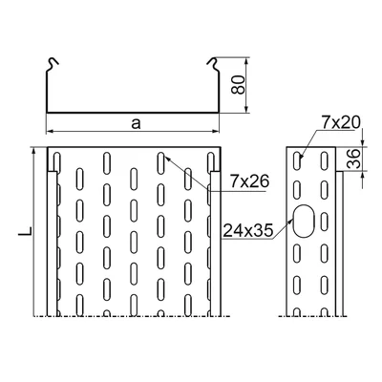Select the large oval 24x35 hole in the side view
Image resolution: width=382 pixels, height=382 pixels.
point(308,221)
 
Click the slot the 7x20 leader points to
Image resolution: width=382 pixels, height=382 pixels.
point(299,158)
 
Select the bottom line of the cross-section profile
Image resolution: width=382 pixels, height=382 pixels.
point(130,110)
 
